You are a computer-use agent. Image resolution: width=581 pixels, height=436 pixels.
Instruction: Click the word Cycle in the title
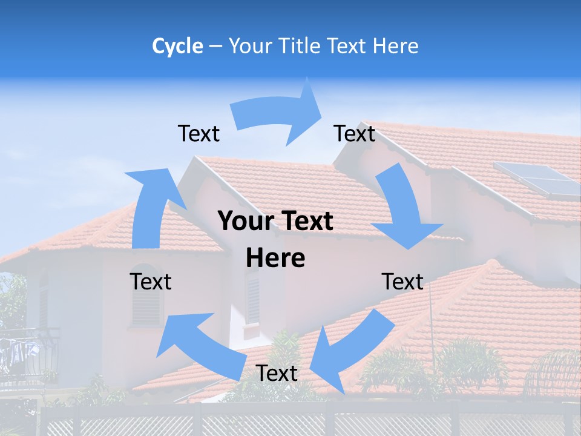point(177,46)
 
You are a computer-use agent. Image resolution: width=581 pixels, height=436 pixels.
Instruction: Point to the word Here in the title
point(395,46)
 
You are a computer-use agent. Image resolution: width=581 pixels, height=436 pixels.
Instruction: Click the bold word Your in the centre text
point(244,222)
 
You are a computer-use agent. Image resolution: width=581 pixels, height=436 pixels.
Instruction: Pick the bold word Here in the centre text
point(275,259)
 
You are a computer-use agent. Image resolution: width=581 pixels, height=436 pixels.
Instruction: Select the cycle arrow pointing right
point(278,114)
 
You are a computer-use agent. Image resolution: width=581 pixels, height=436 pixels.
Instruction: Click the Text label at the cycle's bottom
point(277,374)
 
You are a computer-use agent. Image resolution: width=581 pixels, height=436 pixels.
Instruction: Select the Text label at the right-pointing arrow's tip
point(354,134)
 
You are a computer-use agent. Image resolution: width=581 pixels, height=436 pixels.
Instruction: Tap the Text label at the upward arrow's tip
point(199,134)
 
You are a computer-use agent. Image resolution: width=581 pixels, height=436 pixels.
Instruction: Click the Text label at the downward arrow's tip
point(402,282)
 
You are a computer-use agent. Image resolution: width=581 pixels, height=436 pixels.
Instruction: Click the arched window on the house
point(147,300)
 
